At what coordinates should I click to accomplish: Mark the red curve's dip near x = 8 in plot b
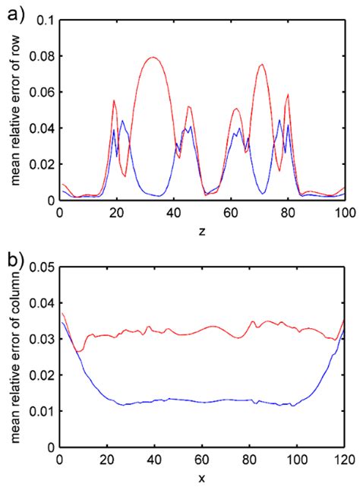78,352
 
